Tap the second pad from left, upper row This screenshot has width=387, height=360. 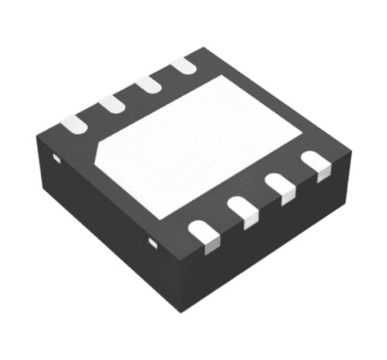tap(110, 103)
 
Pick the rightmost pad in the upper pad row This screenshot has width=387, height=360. tap(183, 66)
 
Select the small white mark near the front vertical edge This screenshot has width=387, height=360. tap(153, 245)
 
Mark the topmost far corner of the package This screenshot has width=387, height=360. tap(206, 48)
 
